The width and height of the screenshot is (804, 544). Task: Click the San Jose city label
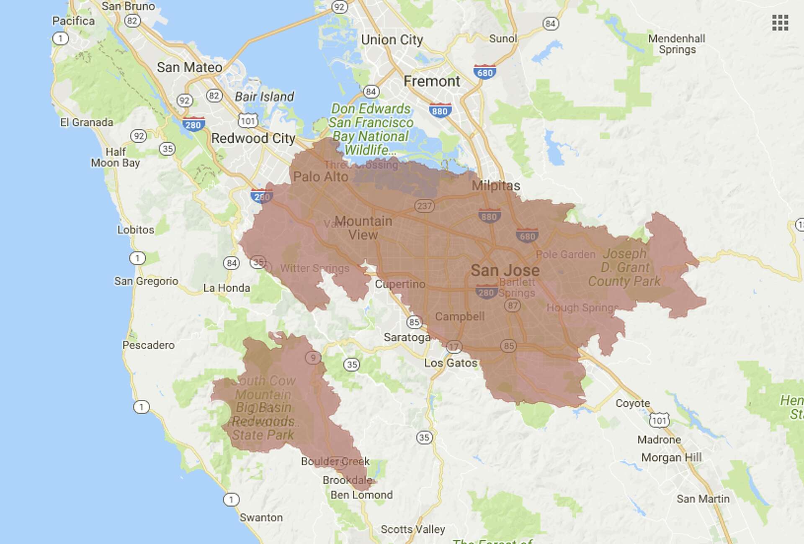505,270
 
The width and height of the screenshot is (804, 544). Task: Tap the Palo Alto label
320,177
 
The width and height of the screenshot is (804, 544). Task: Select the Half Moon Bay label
115,157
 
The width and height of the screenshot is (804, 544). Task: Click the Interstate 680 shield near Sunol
485,72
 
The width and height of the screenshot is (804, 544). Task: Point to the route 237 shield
424,206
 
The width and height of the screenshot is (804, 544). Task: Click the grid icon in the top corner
780,23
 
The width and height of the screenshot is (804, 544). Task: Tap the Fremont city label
431,81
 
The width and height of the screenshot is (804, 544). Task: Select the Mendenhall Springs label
677,44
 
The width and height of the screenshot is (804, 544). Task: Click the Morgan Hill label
671,457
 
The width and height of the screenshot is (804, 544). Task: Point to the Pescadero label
148,345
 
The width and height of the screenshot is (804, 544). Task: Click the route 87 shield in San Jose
513,305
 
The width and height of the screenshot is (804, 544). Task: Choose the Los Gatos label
451,363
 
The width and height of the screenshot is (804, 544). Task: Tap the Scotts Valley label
412,529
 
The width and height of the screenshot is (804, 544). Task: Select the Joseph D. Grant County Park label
624,267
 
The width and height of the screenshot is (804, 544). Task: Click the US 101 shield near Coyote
659,420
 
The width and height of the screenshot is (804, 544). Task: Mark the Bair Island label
264,97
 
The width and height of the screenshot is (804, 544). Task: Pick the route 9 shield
312,357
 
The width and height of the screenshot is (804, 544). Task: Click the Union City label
392,40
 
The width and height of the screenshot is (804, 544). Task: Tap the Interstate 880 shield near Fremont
440,110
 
